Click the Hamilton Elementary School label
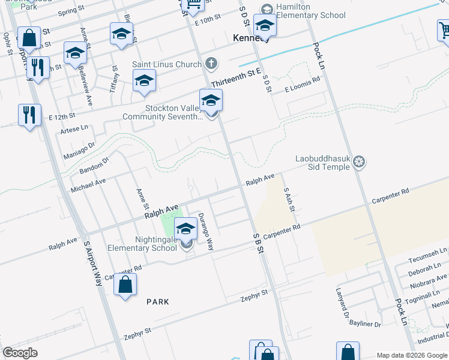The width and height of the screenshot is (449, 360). point(312,11)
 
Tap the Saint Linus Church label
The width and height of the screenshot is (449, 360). point(167,63)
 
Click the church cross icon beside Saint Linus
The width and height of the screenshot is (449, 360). point(211,63)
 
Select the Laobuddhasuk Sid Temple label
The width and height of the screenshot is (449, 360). point(322,163)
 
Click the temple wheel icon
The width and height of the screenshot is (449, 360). point(359,161)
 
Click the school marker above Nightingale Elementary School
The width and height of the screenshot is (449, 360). point(186,229)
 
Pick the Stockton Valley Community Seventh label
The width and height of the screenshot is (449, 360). point(162,113)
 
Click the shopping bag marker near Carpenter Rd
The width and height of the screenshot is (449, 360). point(125,286)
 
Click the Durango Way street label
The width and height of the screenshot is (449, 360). point(206,232)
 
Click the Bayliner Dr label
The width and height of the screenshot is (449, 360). point(365,325)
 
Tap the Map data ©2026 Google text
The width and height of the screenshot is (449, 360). point(412,355)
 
